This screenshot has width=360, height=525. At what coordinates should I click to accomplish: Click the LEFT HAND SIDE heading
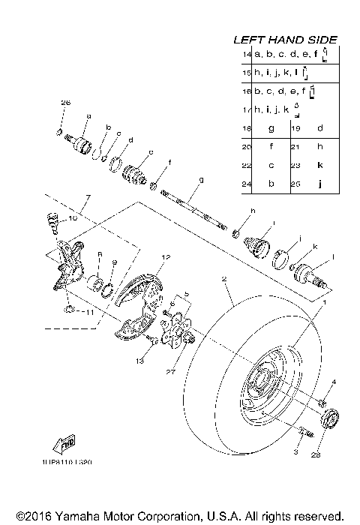pos(285,40)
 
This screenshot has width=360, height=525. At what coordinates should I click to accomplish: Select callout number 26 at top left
pos(64,102)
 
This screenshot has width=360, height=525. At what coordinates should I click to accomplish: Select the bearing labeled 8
pos(96,284)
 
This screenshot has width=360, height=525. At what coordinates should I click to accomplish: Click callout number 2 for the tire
pos(223,279)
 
